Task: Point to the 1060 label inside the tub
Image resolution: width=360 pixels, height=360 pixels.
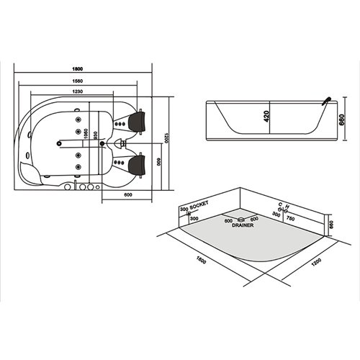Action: pos(86,135)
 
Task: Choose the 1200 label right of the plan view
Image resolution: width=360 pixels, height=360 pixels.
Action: pos(165,137)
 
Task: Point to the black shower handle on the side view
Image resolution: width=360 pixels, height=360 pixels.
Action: pos(325,99)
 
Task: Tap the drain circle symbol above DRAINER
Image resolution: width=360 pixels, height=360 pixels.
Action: pos(241,219)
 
